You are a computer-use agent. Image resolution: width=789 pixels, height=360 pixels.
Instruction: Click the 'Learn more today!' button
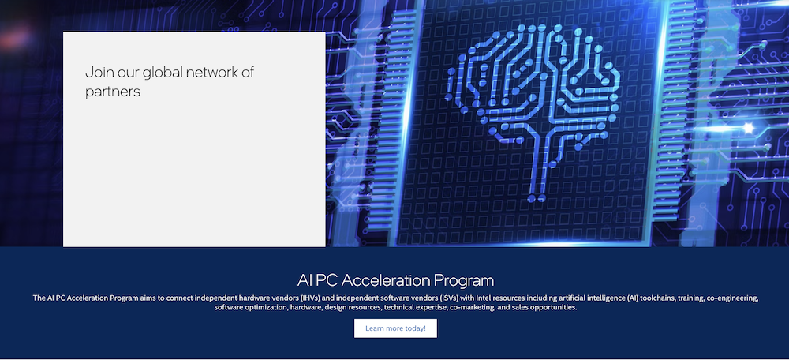pyautogui.click(x=395, y=328)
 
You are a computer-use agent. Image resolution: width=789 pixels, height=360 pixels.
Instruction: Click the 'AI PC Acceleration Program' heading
pyautogui.click(x=395, y=280)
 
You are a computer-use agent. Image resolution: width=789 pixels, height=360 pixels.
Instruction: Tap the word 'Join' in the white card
pyautogui.click(x=99, y=73)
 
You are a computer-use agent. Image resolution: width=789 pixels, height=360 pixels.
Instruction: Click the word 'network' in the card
pyautogui.click(x=211, y=73)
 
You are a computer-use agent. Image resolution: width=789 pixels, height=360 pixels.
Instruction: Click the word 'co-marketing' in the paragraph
pyautogui.click(x=473, y=308)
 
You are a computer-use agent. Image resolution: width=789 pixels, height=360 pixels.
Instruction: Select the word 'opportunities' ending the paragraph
pyautogui.click(x=552, y=308)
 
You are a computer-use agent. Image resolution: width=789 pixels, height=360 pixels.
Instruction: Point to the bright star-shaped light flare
pyautogui.click(x=748, y=126)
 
